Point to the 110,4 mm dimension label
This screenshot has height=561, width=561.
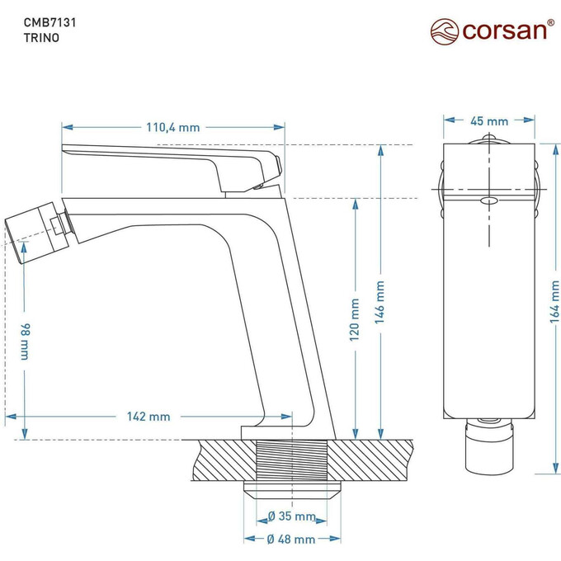pos(173,127)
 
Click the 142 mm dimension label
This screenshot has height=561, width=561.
pos(148,417)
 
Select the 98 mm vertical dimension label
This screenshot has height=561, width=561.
pos(25,340)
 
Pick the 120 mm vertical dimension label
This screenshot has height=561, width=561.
pos(355,320)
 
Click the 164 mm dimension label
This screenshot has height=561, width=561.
pos(554,300)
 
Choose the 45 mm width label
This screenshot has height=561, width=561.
pos(489,120)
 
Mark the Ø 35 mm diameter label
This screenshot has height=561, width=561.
pos(292,517)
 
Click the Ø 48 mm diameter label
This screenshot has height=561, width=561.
pos(292,539)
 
